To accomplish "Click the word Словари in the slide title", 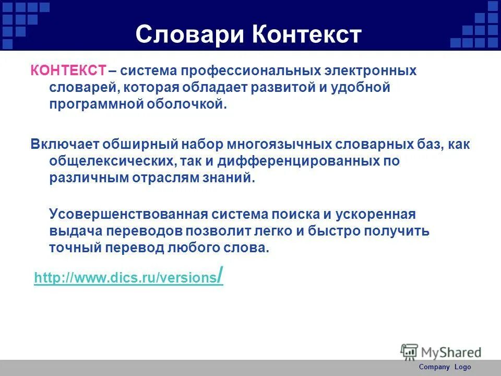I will click(189, 34).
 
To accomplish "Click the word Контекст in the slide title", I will click(307, 34).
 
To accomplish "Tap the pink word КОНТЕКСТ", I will click(68, 70).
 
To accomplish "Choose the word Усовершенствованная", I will click(128, 214).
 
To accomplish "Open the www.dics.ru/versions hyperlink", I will click(128, 277).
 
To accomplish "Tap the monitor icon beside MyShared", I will click(410, 351).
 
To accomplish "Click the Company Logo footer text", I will click(445, 367).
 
